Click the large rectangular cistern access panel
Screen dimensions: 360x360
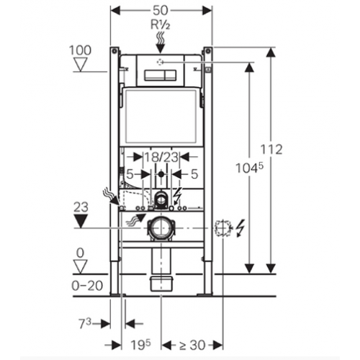(161, 115)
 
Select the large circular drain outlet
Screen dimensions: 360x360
(161, 228)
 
